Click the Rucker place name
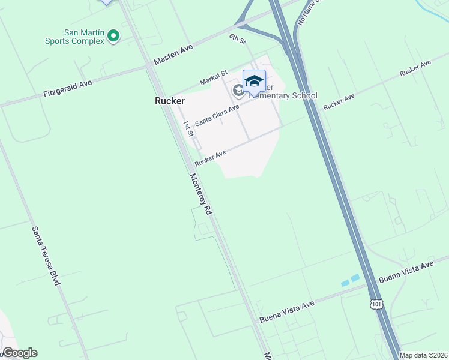pos(170,101)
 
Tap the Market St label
pos(214,77)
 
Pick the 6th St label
pos(238,40)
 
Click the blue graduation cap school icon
pos(254,81)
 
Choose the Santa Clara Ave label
pos(217,114)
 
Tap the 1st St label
pos(188,128)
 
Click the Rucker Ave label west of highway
pos(210,158)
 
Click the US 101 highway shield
pos(376,304)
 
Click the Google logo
pos(20,353)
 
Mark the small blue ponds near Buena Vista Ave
pos(350,280)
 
